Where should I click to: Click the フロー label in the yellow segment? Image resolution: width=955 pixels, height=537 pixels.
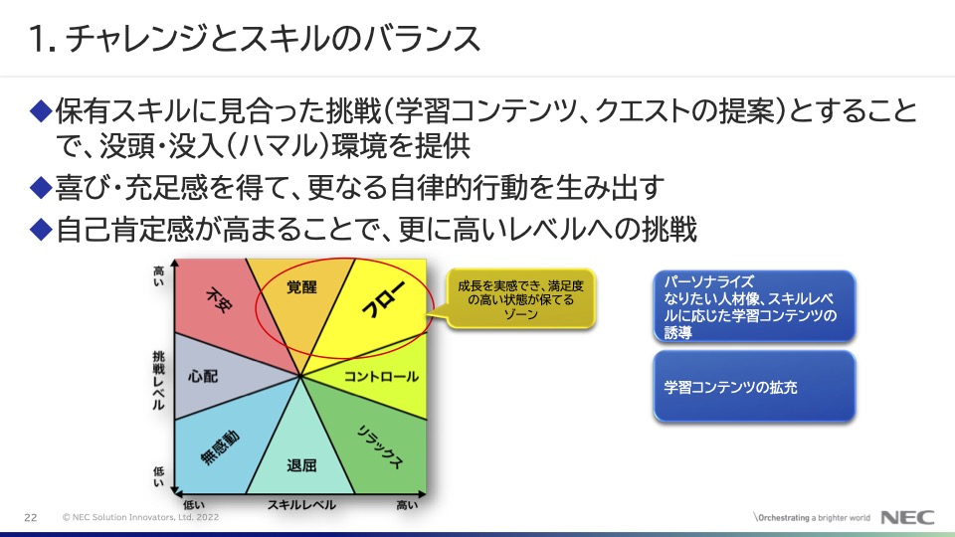click(383, 298)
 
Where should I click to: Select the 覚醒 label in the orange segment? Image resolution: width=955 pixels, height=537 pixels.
click(301, 286)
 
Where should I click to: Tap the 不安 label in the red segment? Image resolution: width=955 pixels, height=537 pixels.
click(219, 299)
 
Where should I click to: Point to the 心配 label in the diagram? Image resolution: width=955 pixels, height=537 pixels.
click(203, 376)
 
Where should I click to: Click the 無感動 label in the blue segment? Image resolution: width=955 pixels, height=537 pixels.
click(220, 447)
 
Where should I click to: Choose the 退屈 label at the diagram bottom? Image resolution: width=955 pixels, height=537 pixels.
click(301, 465)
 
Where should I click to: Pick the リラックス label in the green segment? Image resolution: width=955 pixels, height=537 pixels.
click(379, 447)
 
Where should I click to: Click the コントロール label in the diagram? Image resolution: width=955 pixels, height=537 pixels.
click(381, 376)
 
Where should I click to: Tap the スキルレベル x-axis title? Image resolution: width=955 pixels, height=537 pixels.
click(301, 505)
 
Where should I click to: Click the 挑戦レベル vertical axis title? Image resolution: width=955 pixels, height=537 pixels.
click(158, 381)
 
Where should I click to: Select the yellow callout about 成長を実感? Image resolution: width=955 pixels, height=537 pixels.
click(519, 299)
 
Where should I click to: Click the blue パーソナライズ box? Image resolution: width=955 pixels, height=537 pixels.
click(754, 305)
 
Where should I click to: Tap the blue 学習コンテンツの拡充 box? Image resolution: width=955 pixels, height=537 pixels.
click(754, 386)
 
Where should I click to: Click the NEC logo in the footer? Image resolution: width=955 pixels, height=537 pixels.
click(907, 517)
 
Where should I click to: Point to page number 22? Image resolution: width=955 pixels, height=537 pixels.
click(31, 517)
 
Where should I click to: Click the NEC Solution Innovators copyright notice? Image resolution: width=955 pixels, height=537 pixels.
click(140, 517)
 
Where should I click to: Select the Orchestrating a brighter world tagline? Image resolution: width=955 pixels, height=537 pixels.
click(812, 517)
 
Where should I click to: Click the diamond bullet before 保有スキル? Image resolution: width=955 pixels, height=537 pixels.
click(41, 110)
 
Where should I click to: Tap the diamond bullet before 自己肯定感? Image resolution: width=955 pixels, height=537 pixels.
click(41, 229)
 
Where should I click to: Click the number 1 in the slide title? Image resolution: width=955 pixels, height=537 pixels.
click(36, 39)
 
